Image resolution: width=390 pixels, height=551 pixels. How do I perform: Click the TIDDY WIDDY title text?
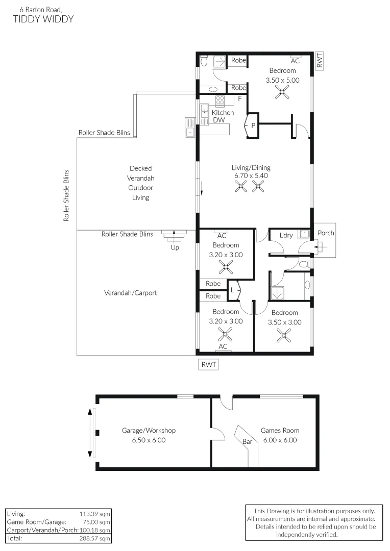tap(43, 19)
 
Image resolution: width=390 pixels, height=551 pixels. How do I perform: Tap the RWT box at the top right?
tap(320, 62)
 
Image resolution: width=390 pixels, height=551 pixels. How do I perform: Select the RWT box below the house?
tap(209, 364)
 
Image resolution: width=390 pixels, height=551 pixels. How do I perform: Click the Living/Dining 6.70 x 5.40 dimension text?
tap(257, 176)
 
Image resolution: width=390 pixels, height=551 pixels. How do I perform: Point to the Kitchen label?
tap(223, 113)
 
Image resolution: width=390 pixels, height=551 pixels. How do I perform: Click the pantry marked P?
tap(253, 125)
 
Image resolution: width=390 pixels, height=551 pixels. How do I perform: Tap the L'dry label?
tap(286, 235)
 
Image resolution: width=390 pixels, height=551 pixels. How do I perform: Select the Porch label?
tap(326, 233)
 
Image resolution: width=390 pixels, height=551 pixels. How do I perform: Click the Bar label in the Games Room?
tap(248, 442)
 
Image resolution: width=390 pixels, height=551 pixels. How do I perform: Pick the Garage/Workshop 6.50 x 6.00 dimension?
tap(149, 440)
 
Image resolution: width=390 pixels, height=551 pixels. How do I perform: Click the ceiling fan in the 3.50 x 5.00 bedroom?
tap(282, 91)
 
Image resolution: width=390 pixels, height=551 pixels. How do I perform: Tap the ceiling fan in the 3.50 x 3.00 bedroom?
tap(284, 335)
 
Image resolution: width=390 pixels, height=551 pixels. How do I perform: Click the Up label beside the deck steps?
tap(175, 247)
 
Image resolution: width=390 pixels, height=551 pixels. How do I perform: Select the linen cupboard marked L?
tap(233, 290)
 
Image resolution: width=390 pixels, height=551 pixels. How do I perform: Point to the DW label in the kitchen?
tap(219, 120)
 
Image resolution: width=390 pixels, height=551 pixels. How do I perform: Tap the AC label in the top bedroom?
tap(295, 60)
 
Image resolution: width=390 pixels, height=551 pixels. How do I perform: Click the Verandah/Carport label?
tap(131, 293)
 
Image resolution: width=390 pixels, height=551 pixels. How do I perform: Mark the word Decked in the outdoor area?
tap(140, 168)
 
